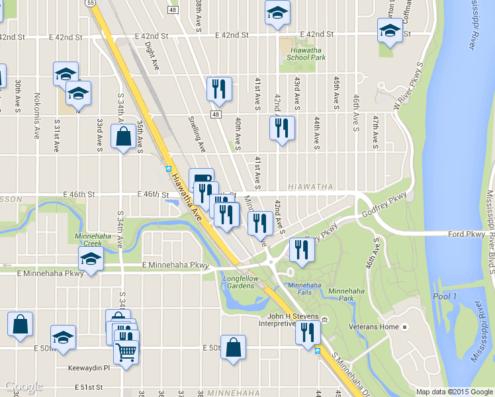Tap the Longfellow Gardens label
coord(238,282)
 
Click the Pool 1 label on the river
coord(444,296)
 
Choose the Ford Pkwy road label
coord(467,234)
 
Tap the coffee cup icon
coord(201,179)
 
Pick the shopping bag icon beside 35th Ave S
coord(124,137)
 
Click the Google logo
coord(23,386)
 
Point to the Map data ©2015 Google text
coord(455,391)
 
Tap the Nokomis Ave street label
coord(37,110)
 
